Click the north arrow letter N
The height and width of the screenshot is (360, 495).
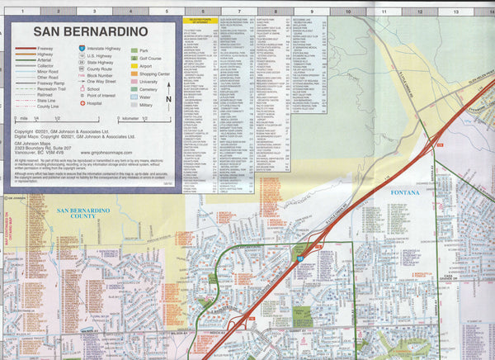(x=168, y=99)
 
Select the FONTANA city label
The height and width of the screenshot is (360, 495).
(x=405, y=192)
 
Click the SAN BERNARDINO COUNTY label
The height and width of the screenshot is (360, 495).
(x=82, y=214)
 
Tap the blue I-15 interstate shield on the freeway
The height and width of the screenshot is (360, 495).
(x=301, y=258)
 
